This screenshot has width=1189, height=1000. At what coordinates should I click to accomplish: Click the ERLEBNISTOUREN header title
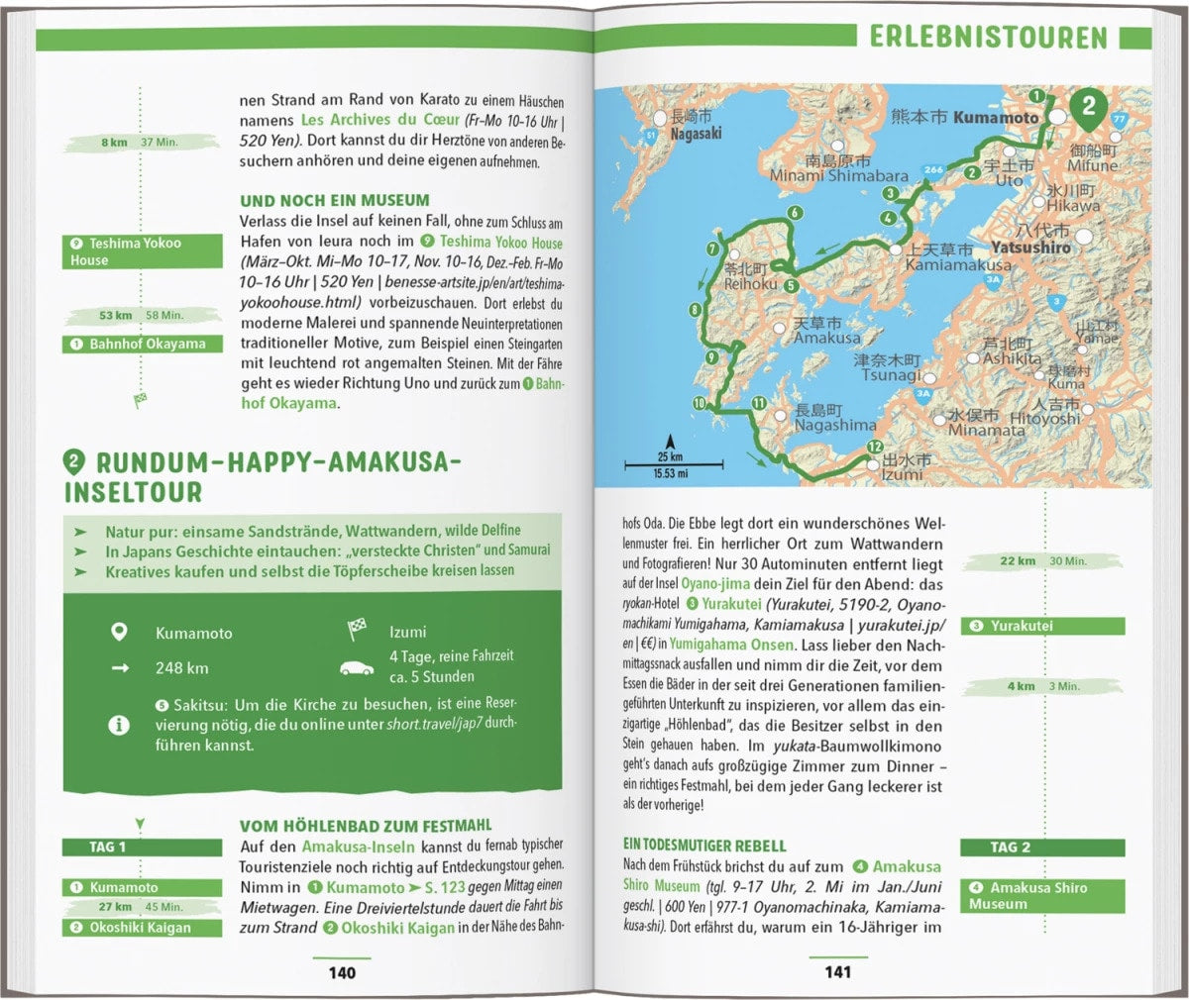(x=988, y=38)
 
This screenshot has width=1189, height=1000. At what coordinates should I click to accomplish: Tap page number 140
(x=342, y=972)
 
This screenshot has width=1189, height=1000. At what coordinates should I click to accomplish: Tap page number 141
(x=837, y=972)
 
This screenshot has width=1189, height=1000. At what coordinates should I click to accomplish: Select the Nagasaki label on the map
(x=696, y=134)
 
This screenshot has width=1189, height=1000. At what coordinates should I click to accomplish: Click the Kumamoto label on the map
(x=995, y=117)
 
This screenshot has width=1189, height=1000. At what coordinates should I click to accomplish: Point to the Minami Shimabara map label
(x=838, y=175)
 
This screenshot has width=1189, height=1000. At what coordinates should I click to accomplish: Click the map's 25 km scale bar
(x=672, y=461)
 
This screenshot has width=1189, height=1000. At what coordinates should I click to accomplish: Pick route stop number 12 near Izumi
(x=873, y=448)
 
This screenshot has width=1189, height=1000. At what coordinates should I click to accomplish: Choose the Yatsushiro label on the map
(x=1030, y=248)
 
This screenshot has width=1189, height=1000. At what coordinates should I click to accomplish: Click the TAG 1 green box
(x=143, y=848)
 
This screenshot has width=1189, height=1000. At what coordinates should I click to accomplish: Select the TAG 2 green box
(x=1042, y=848)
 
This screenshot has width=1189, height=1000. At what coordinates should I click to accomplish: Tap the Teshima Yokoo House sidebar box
(x=143, y=251)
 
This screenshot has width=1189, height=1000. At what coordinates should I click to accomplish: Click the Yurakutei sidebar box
(x=1042, y=626)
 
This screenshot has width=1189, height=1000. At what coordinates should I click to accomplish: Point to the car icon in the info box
(x=357, y=667)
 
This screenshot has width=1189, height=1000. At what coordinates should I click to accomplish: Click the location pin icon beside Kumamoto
(x=119, y=632)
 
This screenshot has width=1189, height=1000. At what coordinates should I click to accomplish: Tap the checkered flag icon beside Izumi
(x=357, y=630)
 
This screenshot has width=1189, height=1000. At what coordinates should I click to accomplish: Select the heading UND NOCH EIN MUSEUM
(x=335, y=200)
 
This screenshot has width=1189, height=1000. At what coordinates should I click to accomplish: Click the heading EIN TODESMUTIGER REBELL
(x=704, y=846)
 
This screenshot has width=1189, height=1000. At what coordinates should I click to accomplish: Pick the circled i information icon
(x=119, y=725)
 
